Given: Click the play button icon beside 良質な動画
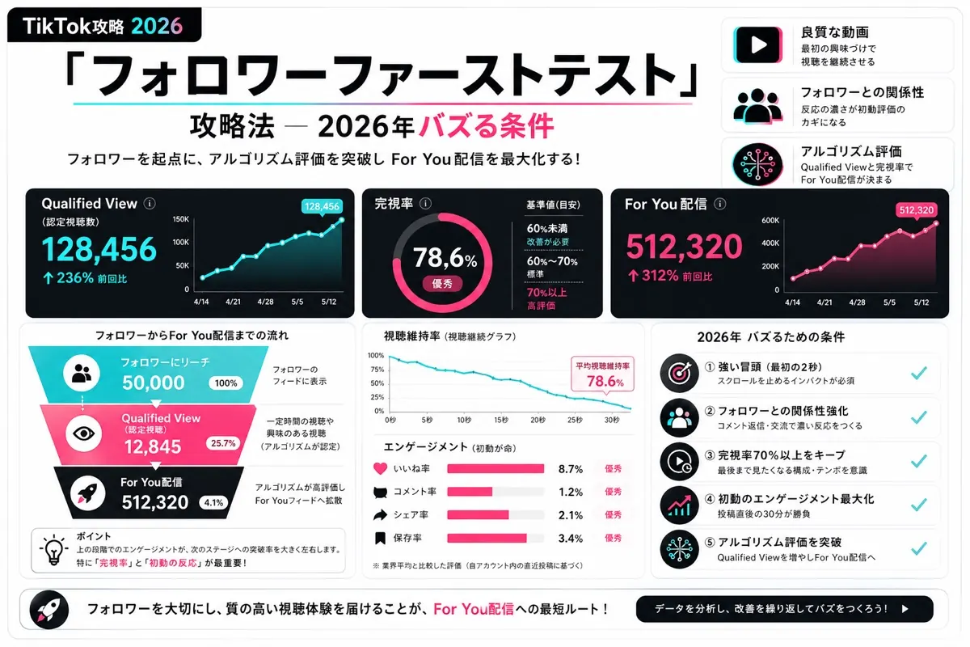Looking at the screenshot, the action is (758, 44).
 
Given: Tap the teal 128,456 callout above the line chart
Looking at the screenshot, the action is (322, 206).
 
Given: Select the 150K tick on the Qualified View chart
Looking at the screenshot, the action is (181, 219).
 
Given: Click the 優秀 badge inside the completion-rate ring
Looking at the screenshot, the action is (442, 284).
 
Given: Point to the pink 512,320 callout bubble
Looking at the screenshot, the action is (917, 210).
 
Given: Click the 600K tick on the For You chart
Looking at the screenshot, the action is (770, 221).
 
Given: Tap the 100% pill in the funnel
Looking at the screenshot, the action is (226, 383).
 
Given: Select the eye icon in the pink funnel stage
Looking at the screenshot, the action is (83, 433).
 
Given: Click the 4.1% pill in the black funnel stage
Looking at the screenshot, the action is (213, 503).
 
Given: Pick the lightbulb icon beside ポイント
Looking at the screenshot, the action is (53, 549).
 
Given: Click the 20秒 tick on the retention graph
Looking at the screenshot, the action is (538, 420).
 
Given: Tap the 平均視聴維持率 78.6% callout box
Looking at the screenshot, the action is (602, 374).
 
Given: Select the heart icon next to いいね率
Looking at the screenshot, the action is (380, 468).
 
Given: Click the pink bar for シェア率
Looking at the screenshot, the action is (478, 515).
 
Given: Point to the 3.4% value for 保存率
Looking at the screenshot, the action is (571, 539).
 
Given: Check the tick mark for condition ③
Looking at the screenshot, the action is (918, 461).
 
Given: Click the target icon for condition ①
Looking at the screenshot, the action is (679, 373).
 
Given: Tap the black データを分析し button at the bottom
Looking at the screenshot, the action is (784, 609).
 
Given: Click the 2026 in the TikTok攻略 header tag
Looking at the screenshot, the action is (157, 26).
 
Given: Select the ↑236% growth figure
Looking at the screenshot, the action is (69, 277).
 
